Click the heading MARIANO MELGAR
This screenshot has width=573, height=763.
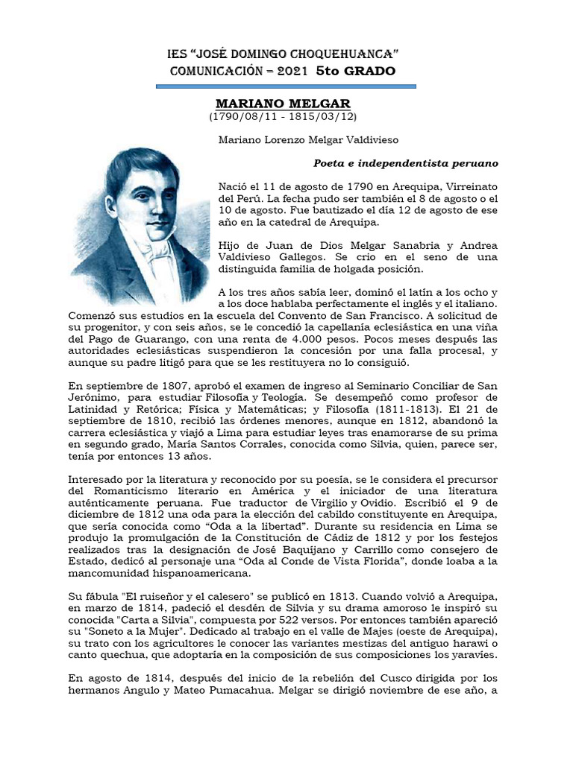[x=283, y=103]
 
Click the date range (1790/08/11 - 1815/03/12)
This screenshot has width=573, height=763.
[x=283, y=117]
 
